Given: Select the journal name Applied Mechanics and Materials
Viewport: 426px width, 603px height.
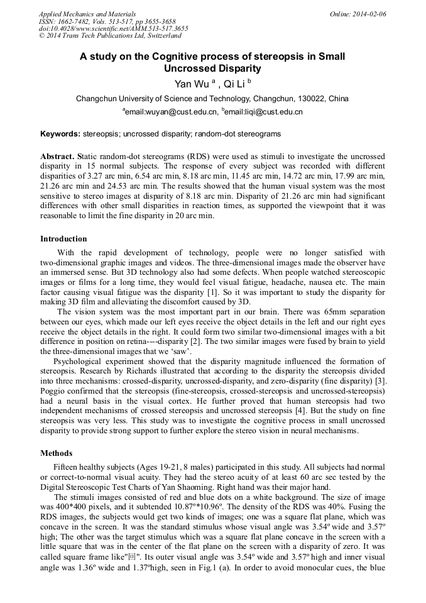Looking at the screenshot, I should (x=87, y=14).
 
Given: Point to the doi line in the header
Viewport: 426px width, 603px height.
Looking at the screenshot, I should (x=113, y=28).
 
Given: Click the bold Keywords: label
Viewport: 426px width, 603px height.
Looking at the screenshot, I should (x=60, y=134).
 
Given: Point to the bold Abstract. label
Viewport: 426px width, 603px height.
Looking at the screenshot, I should (x=58, y=155).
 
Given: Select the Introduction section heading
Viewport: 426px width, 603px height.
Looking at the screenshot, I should (x=63, y=239).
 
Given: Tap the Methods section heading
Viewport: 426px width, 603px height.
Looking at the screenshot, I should (x=56, y=453).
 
